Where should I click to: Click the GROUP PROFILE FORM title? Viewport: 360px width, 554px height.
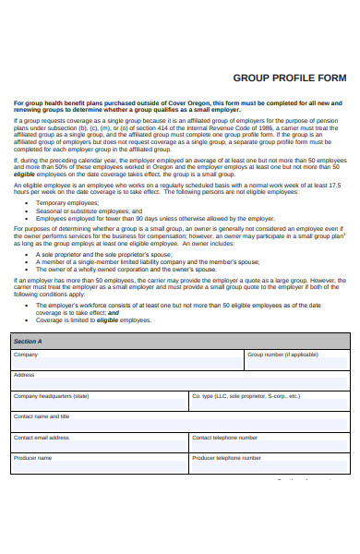[290, 78]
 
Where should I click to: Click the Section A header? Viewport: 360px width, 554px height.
[28, 341]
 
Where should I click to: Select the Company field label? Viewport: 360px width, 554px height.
[26, 355]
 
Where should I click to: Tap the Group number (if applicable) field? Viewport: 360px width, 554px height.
[296, 361]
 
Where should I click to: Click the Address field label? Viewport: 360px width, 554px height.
[24, 375]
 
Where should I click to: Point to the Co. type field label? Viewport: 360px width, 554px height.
[246, 396]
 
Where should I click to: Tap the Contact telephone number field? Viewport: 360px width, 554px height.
[269, 443]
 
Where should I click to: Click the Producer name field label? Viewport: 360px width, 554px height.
[32, 458]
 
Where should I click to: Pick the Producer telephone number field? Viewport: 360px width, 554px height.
[269, 464]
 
